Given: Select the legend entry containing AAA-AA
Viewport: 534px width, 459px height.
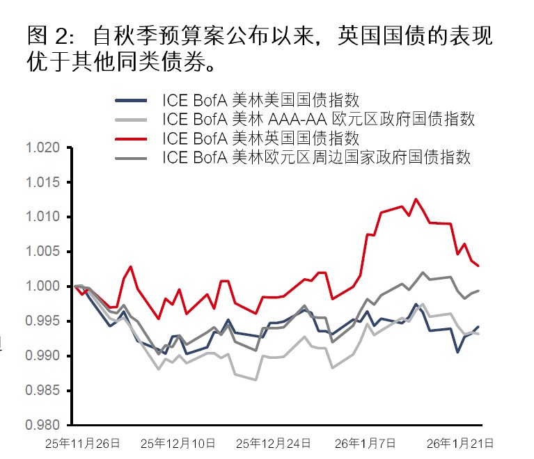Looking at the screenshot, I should (x=318, y=119).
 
